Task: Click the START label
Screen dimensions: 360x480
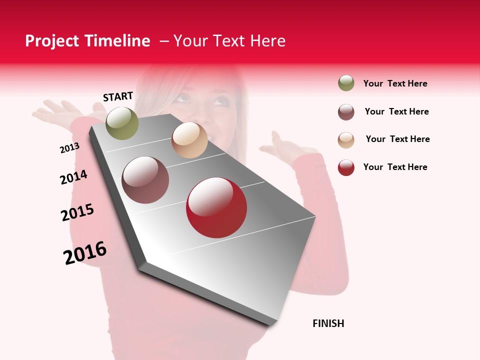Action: point(118,96)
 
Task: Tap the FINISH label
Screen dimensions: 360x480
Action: point(328,323)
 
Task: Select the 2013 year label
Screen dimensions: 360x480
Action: point(69,148)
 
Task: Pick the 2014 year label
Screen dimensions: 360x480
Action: point(73,177)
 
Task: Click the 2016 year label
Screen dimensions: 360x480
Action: point(85,253)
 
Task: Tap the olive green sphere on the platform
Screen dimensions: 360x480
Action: point(122,123)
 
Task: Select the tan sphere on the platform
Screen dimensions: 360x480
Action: point(189,140)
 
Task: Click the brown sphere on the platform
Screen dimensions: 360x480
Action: point(145,180)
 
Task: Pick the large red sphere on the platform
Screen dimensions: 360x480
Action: point(216,207)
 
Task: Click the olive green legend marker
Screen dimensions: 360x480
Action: point(346,83)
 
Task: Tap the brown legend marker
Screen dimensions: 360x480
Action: point(346,112)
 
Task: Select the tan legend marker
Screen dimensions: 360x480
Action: point(346,140)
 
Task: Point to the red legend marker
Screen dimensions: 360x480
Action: point(346,167)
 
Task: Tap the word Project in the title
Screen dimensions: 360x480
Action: point(52,41)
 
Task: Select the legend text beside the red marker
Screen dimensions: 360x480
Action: point(395,167)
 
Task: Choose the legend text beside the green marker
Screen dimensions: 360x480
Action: point(395,83)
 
